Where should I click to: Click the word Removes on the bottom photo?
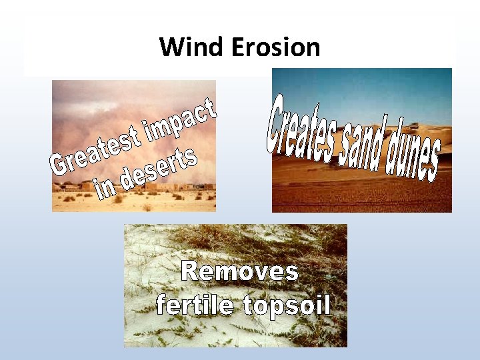pyautogui.click(x=240, y=272)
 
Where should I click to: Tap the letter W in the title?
pyautogui.click(x=169, y=47)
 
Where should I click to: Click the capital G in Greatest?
pyautogui.click(x=59, y=165)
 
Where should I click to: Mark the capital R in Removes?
pyautogui.click(x=191, y=272)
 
